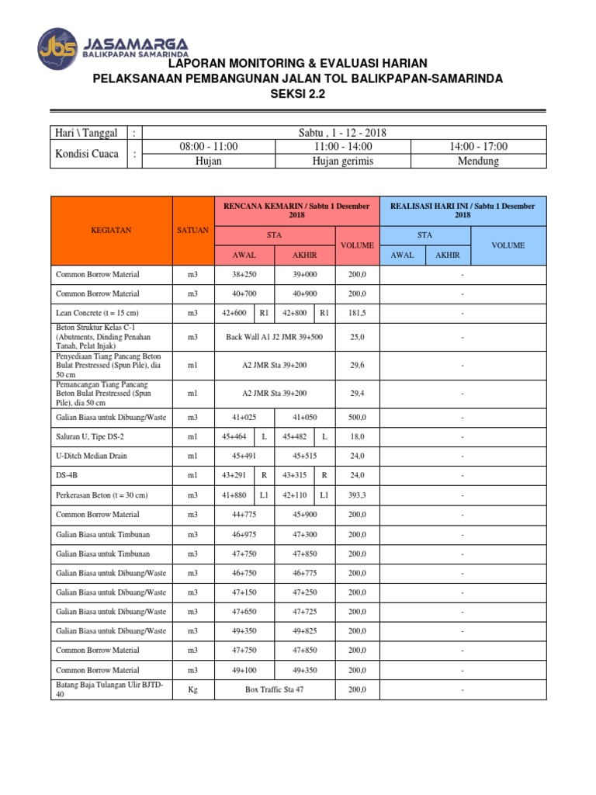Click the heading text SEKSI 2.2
(298, 94)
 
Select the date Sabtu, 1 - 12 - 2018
(342, 133)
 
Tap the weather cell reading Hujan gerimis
(342, 161)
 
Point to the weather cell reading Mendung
(478, 161)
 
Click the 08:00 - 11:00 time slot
(209, 147)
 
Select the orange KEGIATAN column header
(112, 231)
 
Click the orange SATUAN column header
(192, 231)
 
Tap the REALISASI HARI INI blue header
(463, 210)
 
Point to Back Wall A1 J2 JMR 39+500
(274, 337)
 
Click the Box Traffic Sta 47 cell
(274, 689)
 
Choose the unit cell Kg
(192, 689)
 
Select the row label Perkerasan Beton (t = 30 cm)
(102, 495)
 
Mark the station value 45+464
(234, 436)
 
